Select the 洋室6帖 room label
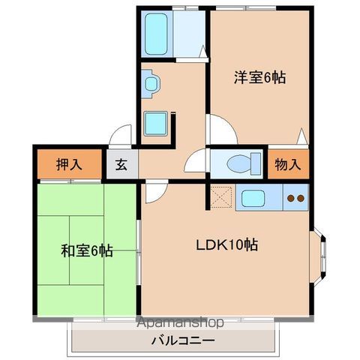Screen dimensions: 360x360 tap(259, 78)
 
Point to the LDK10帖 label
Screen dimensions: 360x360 tap(228, 244)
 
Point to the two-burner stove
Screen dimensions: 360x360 tap(295, 199)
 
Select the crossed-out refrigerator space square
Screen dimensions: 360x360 tap(223, 197)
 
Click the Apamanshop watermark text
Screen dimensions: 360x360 tap(175, 324)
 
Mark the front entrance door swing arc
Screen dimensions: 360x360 tap(119, 136)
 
